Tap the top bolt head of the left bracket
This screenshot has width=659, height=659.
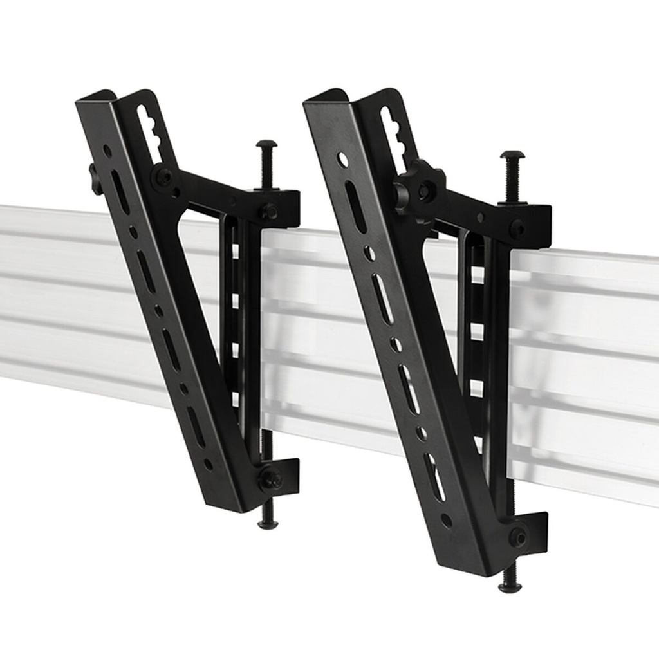pos(266,144)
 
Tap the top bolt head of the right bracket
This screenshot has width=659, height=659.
pos(512,155)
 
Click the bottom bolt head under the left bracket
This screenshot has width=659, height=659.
pos(268,524)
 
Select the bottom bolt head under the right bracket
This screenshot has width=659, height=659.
pos(510,586)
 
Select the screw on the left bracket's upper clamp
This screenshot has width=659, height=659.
pos(269,210)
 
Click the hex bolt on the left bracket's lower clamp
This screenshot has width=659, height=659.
pos(270,478)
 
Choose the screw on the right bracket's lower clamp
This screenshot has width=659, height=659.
pos(518,537)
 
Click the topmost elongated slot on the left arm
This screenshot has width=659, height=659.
pos(120,191)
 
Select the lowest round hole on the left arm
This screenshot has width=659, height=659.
pos(208,463)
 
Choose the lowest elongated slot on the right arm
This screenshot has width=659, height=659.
pos(434,477)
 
